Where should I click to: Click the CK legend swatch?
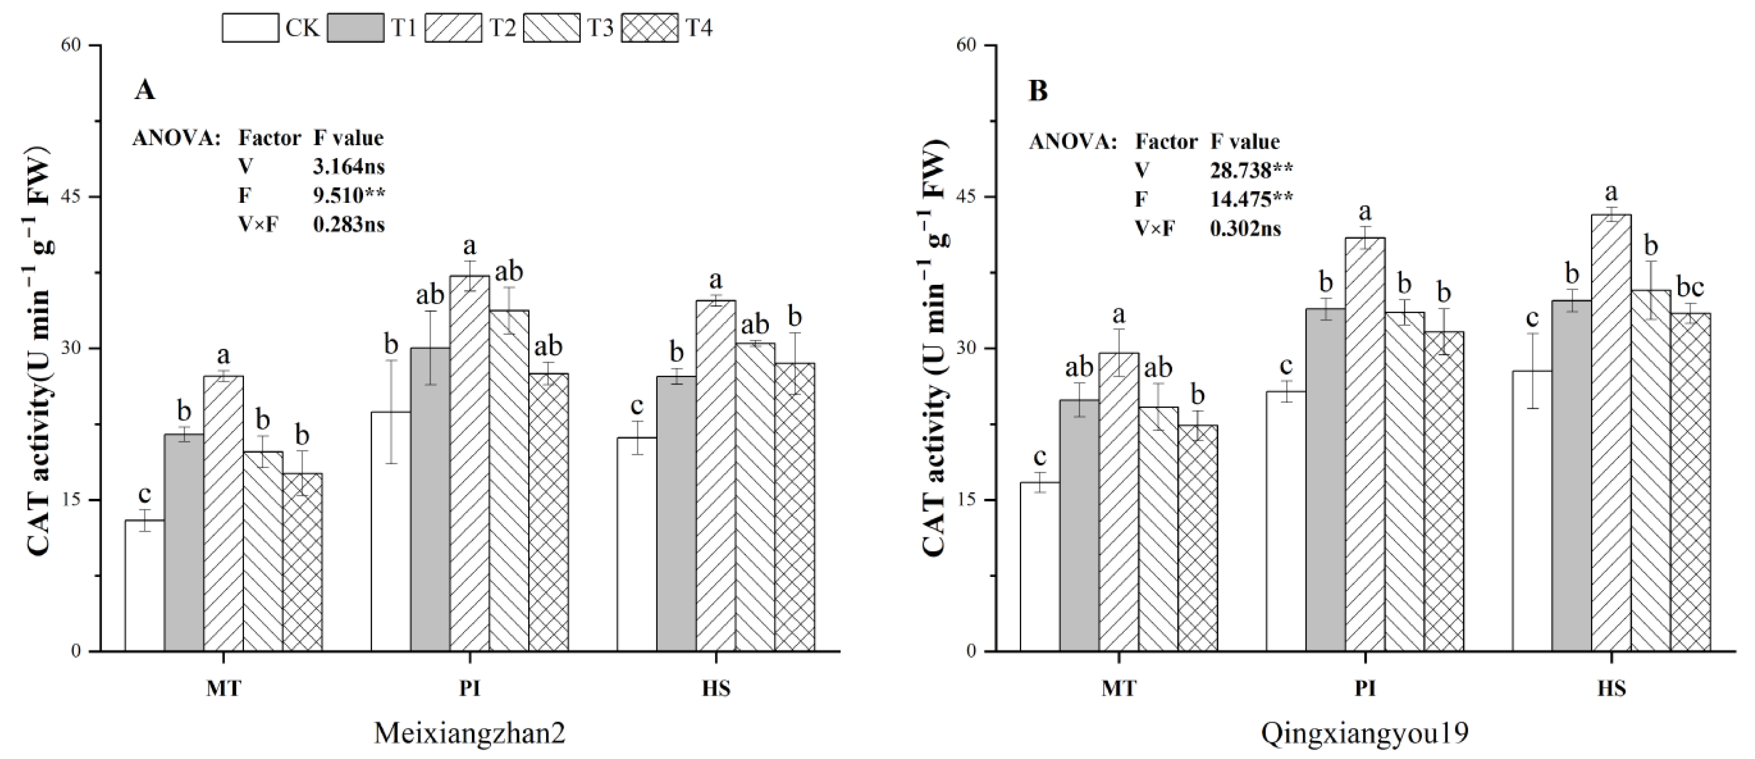click(250, 28)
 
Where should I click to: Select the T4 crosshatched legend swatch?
click(649, 28)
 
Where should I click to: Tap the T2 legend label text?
click(503, 28)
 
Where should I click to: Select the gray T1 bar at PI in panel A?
click(429, 498)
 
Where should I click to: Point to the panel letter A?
click(144, 90)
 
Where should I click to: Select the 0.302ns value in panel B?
click(1245, 228)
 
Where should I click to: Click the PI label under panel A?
click(469, 688)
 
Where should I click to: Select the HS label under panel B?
click(1611, 688)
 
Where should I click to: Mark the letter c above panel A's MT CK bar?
click(144, 493)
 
